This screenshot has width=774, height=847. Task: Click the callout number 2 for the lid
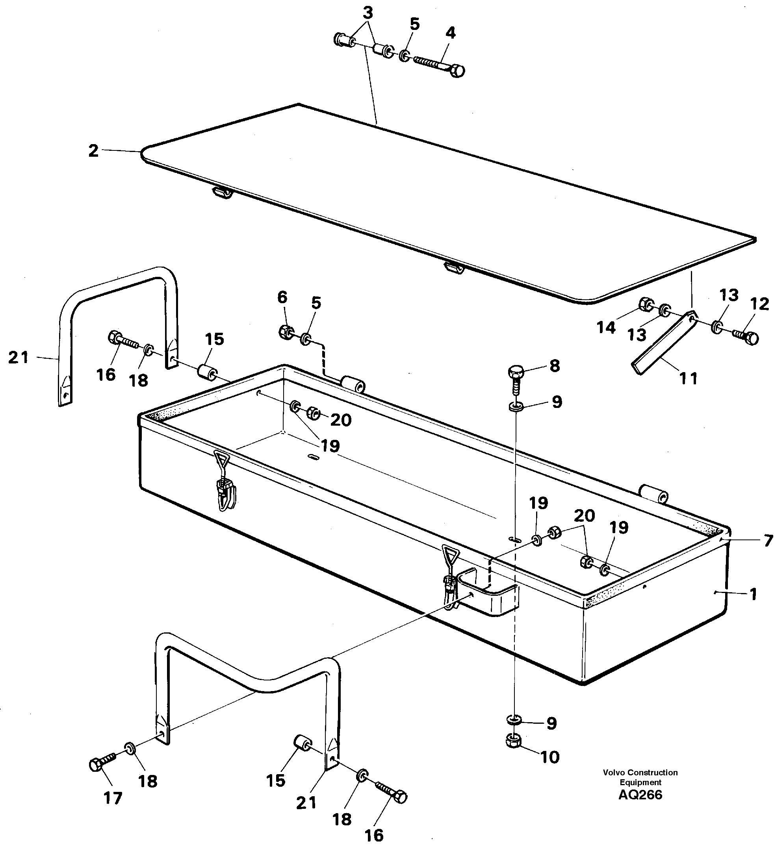pos(93,151)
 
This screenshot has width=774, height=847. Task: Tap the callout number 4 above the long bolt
pos(450,33)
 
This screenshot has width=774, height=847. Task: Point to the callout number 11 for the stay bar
pos(688,378)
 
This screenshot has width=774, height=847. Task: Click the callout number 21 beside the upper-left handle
pos(19,358)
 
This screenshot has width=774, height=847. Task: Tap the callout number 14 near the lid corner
pos(605,327)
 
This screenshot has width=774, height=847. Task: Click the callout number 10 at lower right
pos(549,757)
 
